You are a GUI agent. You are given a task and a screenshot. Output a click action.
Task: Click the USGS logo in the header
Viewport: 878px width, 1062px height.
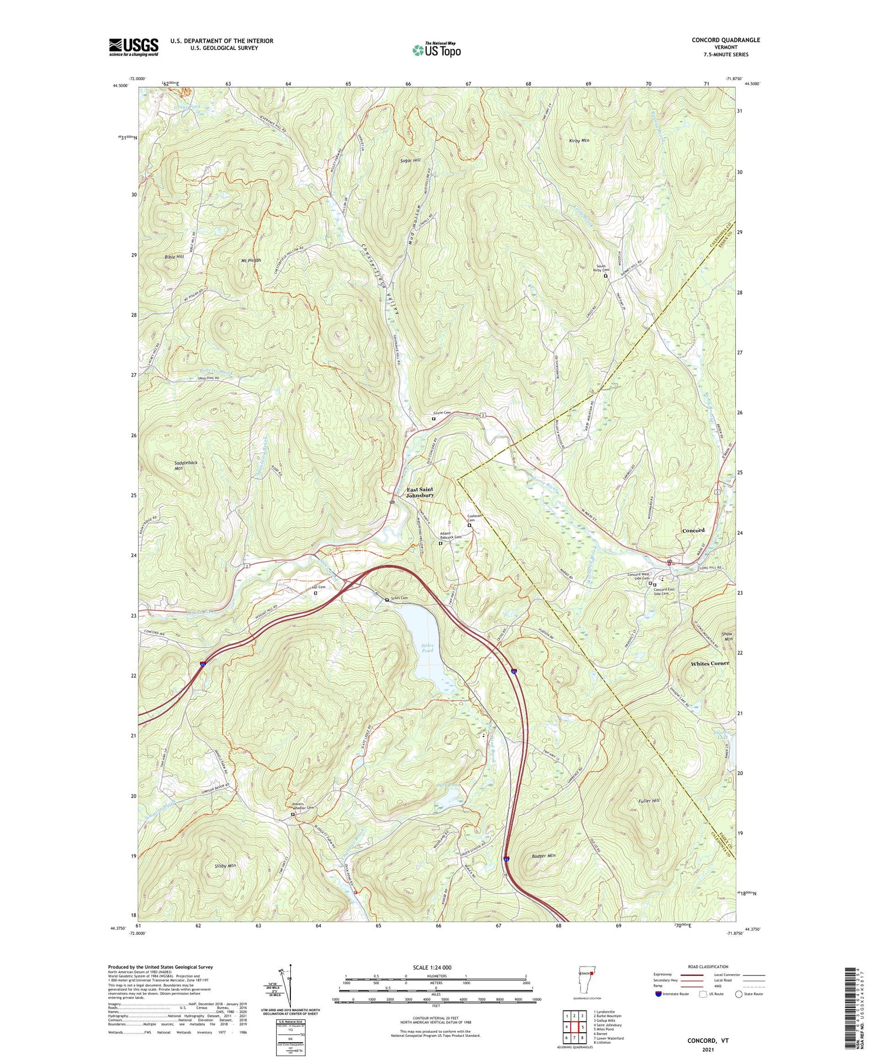[x=133, y=47]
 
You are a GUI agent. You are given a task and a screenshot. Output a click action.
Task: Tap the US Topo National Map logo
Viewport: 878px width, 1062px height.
[x=436, y=50]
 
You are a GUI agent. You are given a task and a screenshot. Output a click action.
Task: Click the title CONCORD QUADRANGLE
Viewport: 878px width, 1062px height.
[x=726, y=40]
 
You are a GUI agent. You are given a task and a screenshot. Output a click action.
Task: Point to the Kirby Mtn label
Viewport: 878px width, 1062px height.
[x=579, y=141]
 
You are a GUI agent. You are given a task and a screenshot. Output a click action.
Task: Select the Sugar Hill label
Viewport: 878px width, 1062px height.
[x=410, y=160]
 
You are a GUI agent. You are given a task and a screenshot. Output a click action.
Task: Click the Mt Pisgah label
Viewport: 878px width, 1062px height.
[x=250, y=260]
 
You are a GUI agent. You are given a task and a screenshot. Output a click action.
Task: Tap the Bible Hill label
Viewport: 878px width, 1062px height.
[x=174, y=257]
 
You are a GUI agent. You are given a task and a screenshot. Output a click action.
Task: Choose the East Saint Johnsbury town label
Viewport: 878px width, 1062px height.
[x=420, y=492]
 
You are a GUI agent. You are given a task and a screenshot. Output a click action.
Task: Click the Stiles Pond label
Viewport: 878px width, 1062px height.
[x=428, y=648]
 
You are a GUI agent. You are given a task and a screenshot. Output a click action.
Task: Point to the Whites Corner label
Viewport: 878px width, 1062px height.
[x=709, y=664]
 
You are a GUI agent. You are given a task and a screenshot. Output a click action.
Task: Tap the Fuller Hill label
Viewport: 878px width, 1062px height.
[x=649, y=800]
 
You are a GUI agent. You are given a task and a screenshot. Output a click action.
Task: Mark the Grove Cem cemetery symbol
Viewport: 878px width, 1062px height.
[x=434, y=419]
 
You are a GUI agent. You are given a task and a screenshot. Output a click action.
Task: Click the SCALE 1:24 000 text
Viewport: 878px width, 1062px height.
[x=432, y=968]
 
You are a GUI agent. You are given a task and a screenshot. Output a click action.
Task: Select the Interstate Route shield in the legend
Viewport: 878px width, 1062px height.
[x=658, y=994]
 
